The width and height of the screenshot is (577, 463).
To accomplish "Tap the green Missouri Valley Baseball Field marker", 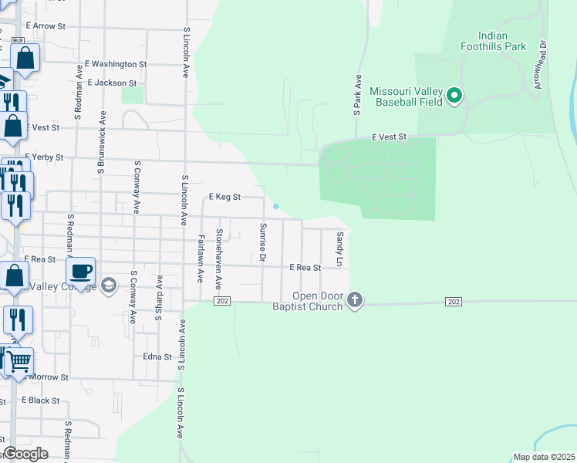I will [454, 96].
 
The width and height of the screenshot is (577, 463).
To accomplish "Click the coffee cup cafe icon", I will [80, 271].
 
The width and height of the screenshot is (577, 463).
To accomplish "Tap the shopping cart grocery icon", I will [19, 360].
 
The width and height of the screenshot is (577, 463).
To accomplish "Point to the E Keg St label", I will [225, 197].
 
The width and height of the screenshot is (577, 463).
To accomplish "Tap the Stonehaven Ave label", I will [219, 254].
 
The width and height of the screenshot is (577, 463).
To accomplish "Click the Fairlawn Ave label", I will [201, 257].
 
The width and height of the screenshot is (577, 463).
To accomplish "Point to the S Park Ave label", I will [358, 96].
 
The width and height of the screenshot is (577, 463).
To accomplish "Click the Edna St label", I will [157, 357].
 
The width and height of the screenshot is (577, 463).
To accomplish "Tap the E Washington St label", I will [116, 64].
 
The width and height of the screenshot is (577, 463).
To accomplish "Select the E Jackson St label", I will [112, 83].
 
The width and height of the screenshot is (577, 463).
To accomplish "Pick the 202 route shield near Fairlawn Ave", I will [222, 300].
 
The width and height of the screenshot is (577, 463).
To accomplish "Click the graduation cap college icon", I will [108, 286].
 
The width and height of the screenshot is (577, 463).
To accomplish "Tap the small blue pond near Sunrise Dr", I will [275, 206].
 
